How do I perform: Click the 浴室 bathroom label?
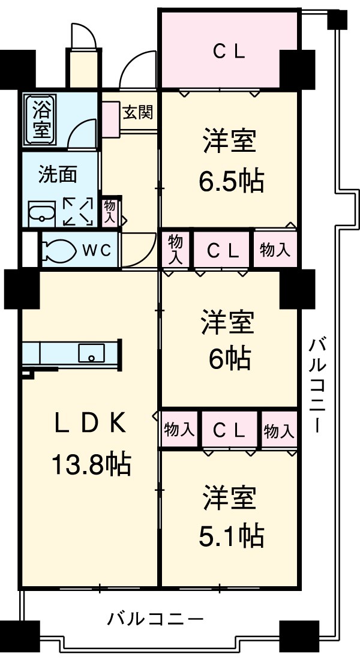coord(41,119)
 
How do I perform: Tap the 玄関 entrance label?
coord(137,112)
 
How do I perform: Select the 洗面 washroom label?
coord(57,174)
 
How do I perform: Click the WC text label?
coord(96,250)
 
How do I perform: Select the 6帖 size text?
coord(229,359)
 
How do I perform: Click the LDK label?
coord(90,424)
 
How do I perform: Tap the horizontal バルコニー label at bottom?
coord(155,619)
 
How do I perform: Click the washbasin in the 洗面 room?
coord(41,212)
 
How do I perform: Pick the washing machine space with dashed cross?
coord(78,212)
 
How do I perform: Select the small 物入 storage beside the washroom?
coord(110,212)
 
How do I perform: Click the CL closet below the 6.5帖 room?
coord(223,250)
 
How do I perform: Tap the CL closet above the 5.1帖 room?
coord(229,430)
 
